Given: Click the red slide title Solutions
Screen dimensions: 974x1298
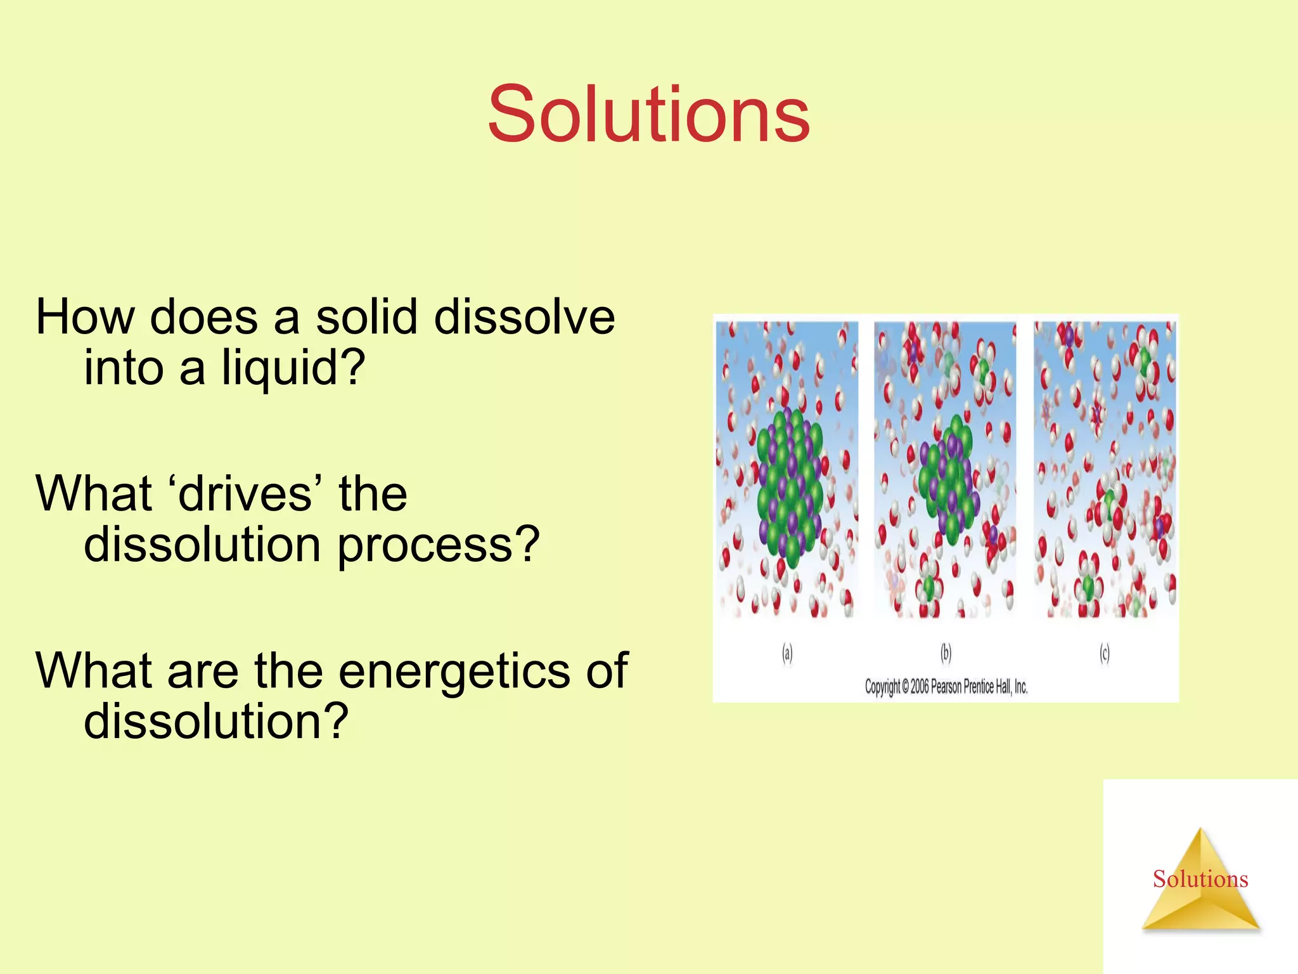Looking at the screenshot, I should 648,114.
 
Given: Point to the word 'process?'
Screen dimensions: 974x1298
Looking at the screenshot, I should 438,544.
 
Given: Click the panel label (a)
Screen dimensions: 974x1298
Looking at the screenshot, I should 787,653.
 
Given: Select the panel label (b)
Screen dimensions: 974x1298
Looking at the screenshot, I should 946,653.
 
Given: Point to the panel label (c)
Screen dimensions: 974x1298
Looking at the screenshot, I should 1104,653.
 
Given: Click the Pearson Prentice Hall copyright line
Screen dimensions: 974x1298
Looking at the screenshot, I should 946,687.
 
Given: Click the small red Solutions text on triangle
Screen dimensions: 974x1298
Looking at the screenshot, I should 1200,879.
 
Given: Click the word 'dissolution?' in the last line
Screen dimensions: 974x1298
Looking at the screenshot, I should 216,722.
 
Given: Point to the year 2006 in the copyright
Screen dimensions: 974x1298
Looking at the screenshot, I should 919,687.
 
